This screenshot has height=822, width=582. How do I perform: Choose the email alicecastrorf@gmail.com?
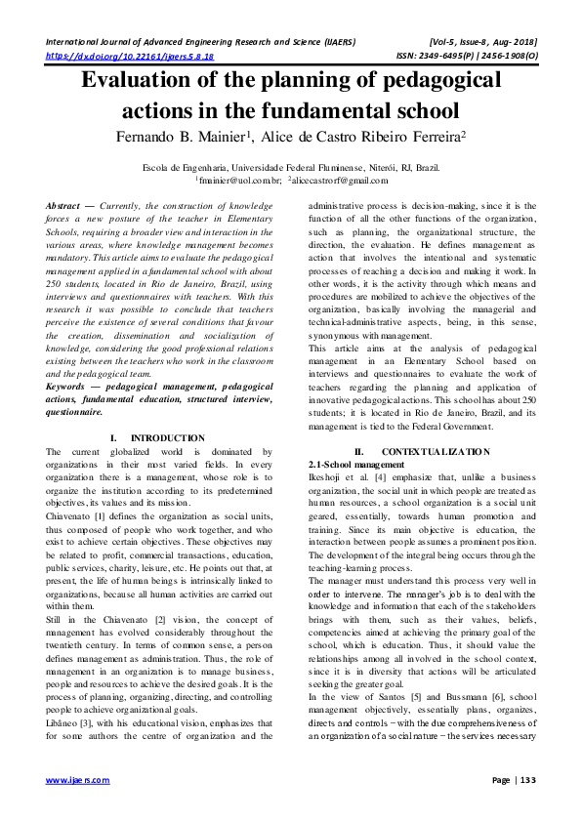click(335, 181)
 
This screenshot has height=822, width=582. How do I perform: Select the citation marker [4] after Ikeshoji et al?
click(386, 478)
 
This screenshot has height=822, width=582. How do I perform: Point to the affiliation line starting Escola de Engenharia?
click(291, 167)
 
